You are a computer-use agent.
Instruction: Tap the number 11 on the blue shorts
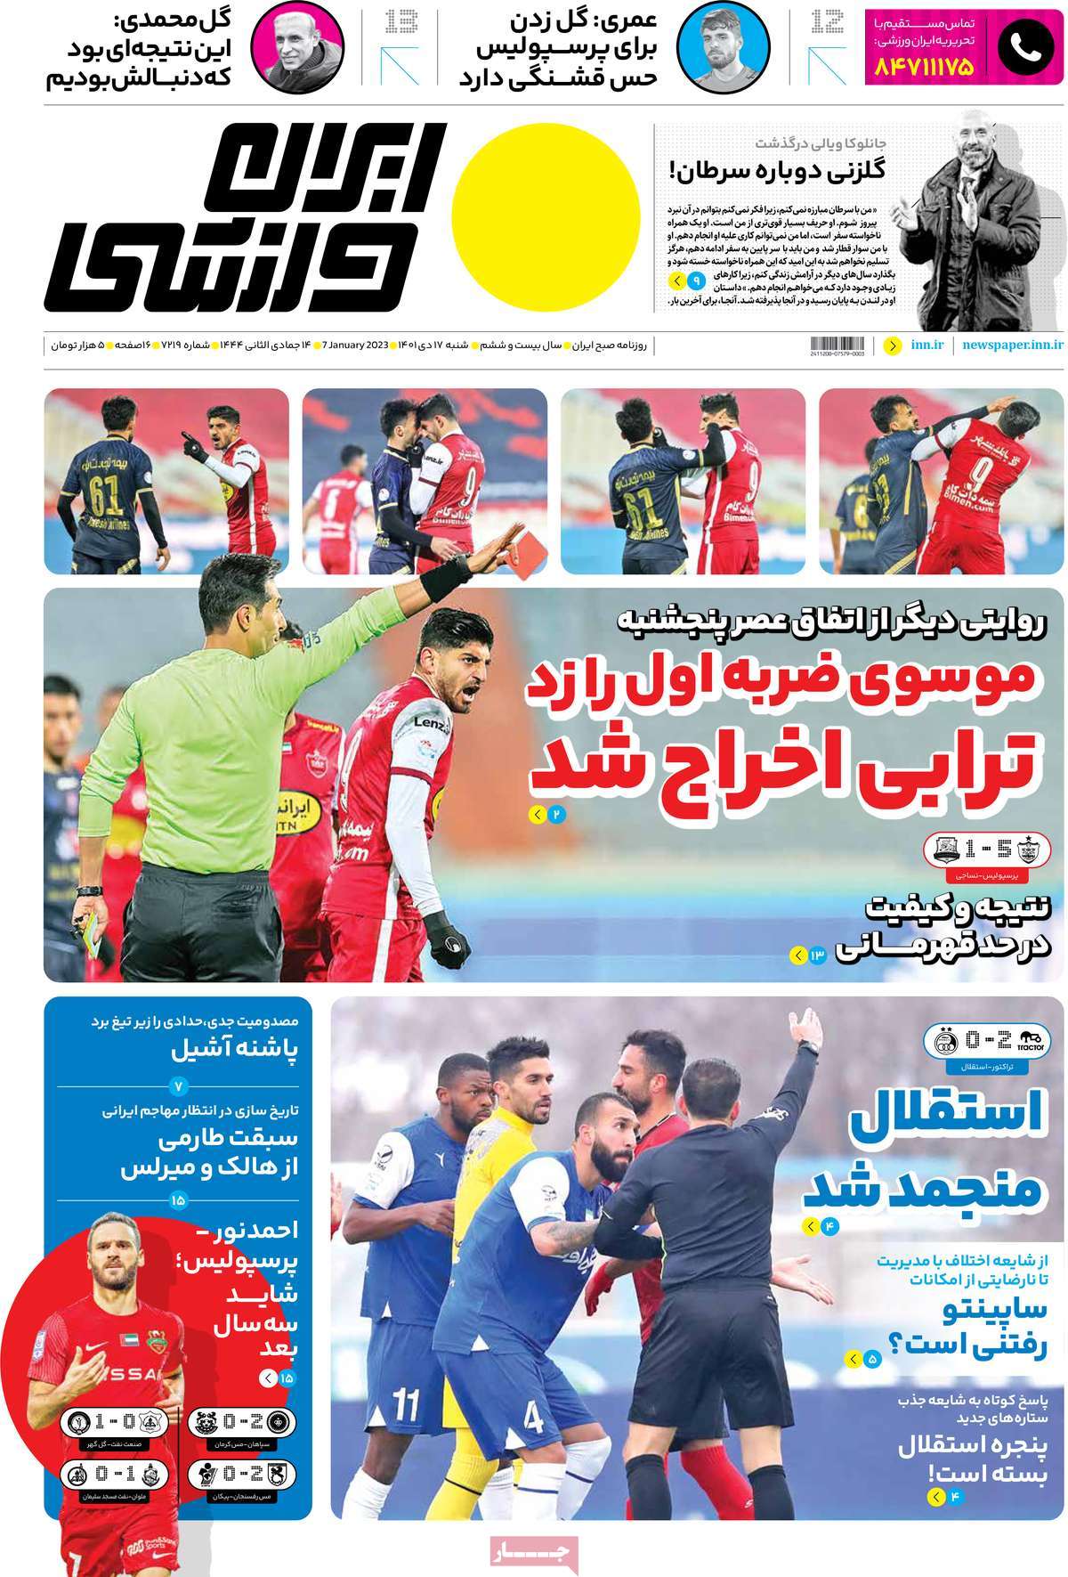pyautogui.click(x=406, y=1408)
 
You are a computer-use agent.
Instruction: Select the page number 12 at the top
pyautogui.click(x=828, y=22)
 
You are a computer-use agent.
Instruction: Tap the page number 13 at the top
pyautogui.click(x=400, y=22)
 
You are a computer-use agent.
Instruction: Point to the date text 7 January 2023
pyautogui.click(x=355, y=344)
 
